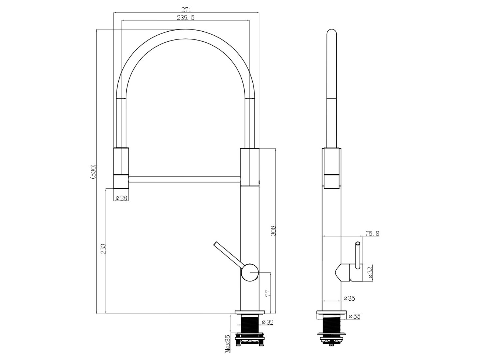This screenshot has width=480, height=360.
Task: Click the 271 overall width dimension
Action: pyautogui.click(x=186, y=10)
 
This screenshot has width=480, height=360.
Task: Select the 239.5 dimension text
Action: pyautogui.click(x=186, y=17)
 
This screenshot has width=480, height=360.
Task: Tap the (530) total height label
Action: pyautogui.click(x=93, y=172)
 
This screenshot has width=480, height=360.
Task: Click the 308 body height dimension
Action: pyautogui.click(x=273, y=231)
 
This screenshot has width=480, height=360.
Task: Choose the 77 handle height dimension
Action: pyautogui.click(x=268, y=293)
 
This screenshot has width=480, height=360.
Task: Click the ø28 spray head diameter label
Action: pyautogui.click(x=121, y=198)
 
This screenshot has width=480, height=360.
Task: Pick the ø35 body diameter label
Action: pyautogui.click(x=349, y=298)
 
